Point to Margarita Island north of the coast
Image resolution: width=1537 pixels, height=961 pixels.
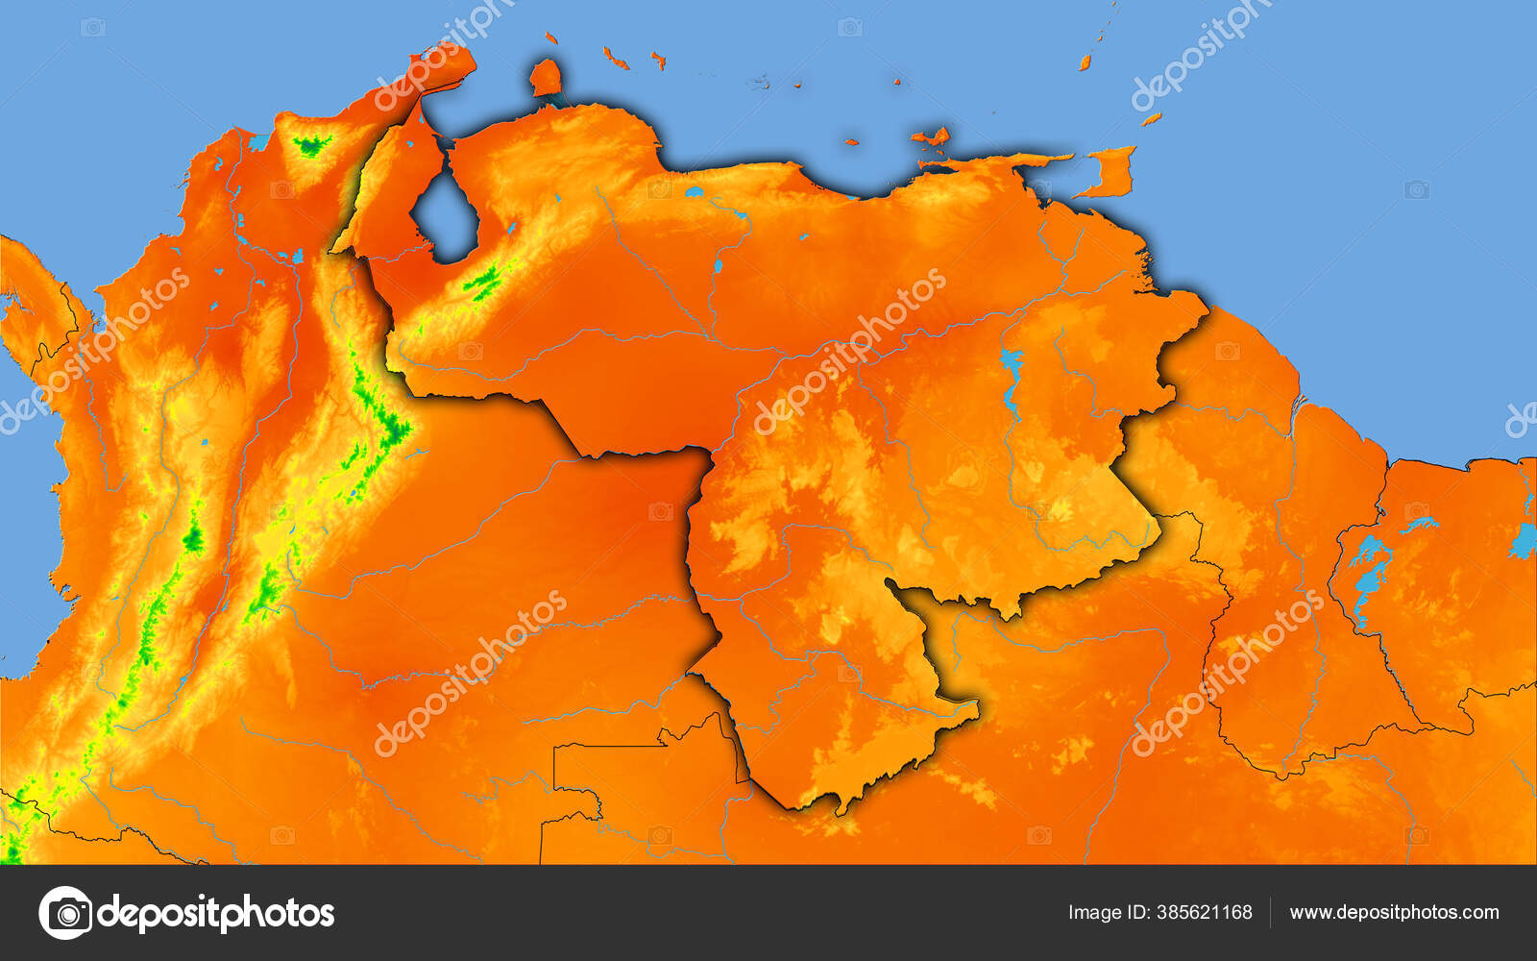click(x=930, y=137)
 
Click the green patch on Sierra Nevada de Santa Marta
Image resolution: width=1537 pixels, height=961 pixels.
click(x=310, y=146)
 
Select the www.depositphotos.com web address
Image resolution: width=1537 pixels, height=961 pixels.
click(x=1394, y=912)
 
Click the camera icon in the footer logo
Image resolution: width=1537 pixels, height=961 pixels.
click(x=65, y=912)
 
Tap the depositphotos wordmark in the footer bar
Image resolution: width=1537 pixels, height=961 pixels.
click(x=216, y=912)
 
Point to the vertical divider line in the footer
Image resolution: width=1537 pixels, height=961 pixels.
click(x=1271, y=912)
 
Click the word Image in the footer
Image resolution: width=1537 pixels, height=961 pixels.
click(x=1093, y=912)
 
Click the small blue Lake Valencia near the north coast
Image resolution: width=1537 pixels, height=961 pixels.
click(x=695, y=193)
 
